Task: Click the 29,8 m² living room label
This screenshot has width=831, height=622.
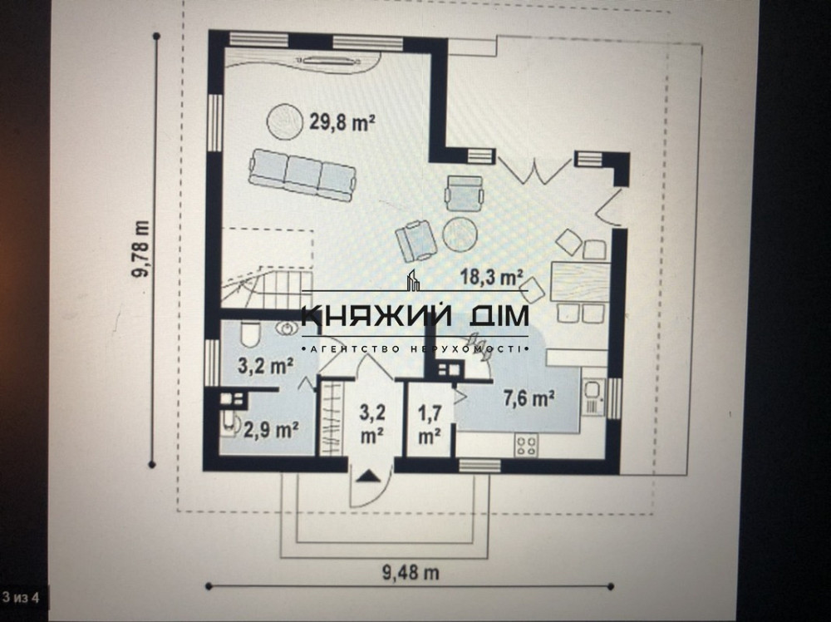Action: [x=342, y=122]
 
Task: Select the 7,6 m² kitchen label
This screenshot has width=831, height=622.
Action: [x=529, y=399]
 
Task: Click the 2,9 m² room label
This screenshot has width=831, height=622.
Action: [x=271, y=430]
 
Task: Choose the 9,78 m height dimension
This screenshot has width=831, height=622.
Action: [x=143, y=250]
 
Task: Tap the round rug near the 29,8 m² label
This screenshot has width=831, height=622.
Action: [x=285, y=121]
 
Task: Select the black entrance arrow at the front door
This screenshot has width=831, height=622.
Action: [x=368, y=476]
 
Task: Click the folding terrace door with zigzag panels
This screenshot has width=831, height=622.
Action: [x=534, y=170]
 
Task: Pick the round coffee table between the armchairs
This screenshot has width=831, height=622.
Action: [x=460, y=234]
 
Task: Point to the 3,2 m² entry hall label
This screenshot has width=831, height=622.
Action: [x=371, y=422]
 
